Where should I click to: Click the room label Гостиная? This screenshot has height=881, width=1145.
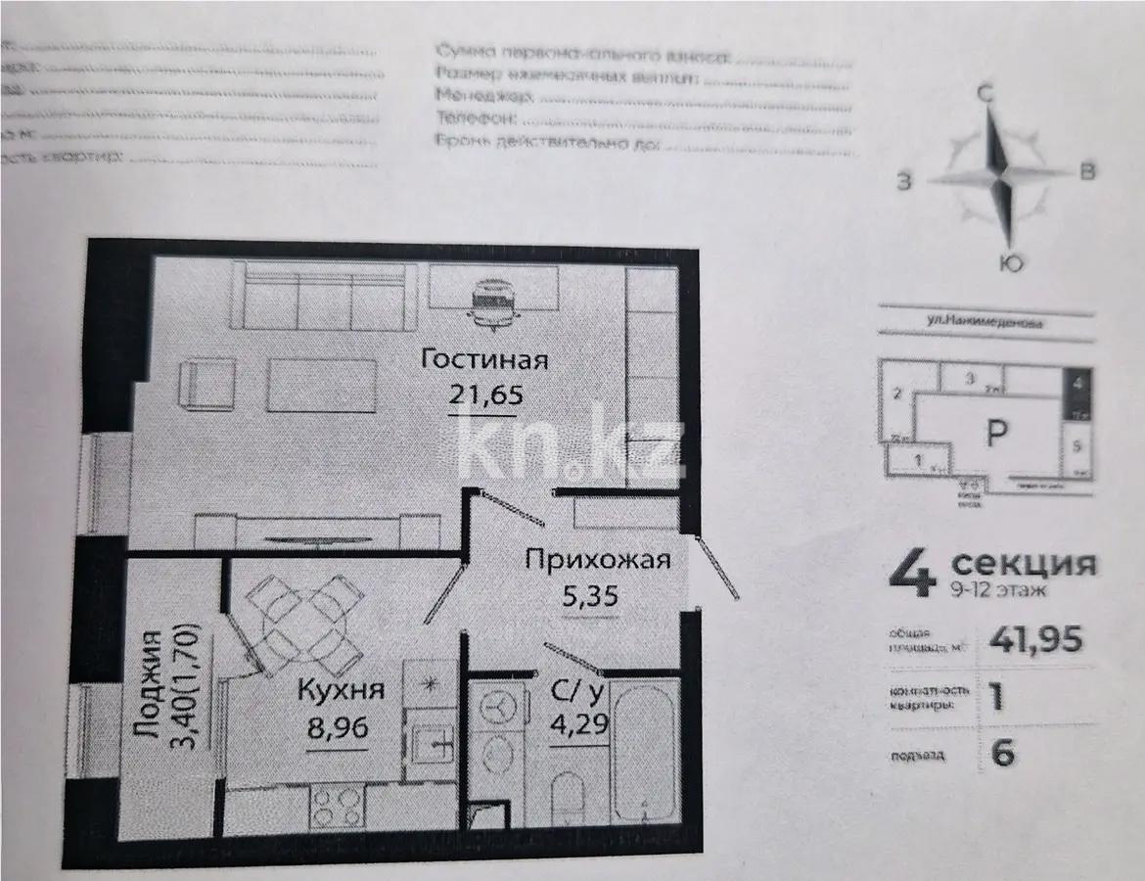click(483, 359)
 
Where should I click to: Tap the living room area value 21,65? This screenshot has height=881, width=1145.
click(487, 395)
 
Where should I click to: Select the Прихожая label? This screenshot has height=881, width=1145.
click(597, 560)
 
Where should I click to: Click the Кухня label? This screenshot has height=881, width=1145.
click(342, 689)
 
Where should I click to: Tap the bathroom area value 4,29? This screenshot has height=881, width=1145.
click(576, 727)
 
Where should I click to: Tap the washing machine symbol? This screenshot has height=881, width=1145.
click(499, 707)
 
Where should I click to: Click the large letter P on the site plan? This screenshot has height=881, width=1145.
click(994, 434)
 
